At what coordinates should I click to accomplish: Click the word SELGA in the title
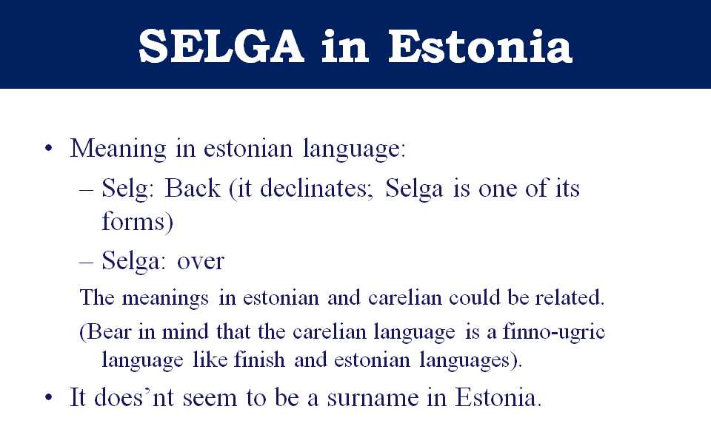coord(221,46)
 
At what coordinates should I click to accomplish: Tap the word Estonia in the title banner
coord(480,46)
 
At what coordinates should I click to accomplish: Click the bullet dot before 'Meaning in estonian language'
coord(49,148)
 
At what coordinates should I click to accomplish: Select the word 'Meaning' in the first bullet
coord(118,149)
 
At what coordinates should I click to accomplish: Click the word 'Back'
coord(193,188)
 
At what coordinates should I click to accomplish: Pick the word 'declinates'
coord(316,188)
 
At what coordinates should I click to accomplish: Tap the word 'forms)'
coord(138,221)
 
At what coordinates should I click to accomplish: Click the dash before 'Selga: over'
coord(86,263)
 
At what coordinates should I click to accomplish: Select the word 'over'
coord(201,262)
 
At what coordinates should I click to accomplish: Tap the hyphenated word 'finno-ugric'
coord(554,333)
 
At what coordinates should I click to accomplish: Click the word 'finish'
coord(260,360)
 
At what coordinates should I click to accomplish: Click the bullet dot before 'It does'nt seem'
coord(49,398)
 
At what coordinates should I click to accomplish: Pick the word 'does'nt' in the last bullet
coord(134,397)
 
